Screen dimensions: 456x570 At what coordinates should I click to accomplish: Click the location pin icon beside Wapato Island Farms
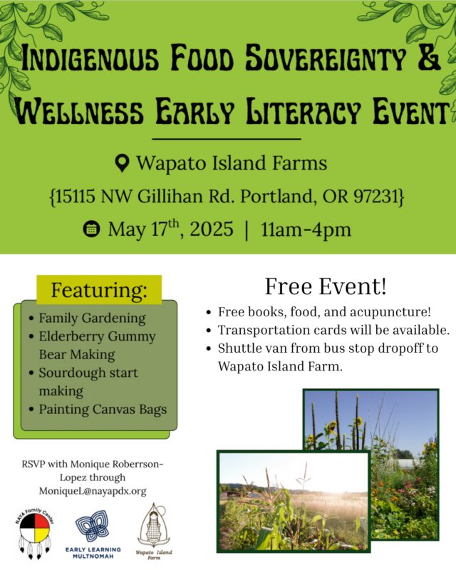122,163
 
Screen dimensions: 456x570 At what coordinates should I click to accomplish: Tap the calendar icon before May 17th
91,229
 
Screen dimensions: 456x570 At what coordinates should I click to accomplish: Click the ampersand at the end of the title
429,58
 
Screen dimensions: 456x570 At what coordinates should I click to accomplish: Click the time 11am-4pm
306,229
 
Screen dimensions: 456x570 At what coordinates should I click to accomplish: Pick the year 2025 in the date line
212,229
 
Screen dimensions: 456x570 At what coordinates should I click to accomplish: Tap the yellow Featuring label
99,290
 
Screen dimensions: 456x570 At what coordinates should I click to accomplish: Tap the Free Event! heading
326,286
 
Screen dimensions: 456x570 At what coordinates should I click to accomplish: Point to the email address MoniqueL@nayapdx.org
93,491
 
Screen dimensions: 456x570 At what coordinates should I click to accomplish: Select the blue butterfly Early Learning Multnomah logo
93,525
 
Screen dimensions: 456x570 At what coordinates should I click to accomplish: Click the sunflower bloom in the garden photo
331,427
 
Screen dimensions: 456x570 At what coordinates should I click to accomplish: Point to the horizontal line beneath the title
227,139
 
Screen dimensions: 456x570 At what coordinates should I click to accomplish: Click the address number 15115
75,197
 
